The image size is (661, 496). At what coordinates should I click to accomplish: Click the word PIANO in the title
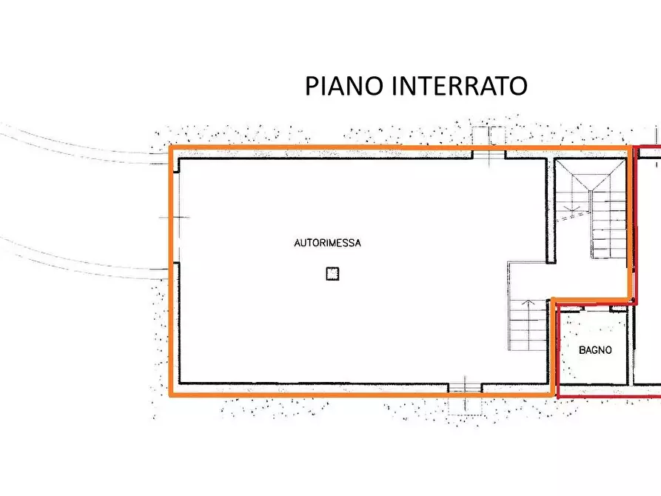click(x=343, y=86)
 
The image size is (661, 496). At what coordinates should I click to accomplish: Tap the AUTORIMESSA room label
click(x=327, y=243)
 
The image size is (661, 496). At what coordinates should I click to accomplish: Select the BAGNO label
click(x=595, y=351)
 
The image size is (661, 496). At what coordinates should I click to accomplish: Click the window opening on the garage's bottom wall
click(x=465, y=387)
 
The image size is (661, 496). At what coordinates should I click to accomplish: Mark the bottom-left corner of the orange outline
click(x=172, y=395)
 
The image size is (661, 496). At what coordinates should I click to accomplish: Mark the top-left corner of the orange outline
click(x=172, y=147)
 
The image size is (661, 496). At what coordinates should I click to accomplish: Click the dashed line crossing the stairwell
click(x=574, y=216)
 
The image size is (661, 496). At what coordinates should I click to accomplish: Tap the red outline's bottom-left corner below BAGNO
click(x=557, y=396)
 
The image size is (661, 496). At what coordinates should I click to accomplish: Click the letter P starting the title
click(x=312, y=86)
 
